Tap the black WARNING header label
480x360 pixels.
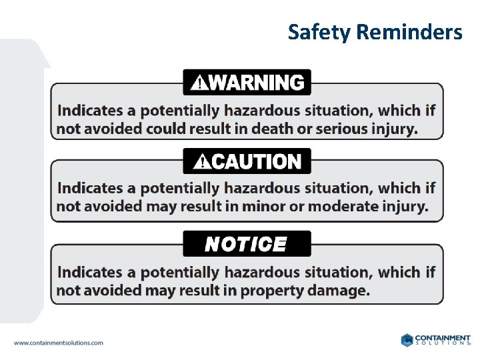(x=247, y=83)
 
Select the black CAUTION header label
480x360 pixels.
(x=247, y=161)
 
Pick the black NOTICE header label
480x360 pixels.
(x=246, y=245)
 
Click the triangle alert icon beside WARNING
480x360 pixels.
(x=199, y=83)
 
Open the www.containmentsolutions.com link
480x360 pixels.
(x=59, y=343)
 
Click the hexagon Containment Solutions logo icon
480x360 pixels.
(x=407, y=340)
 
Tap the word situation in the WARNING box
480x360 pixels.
(x=337, y=111)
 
